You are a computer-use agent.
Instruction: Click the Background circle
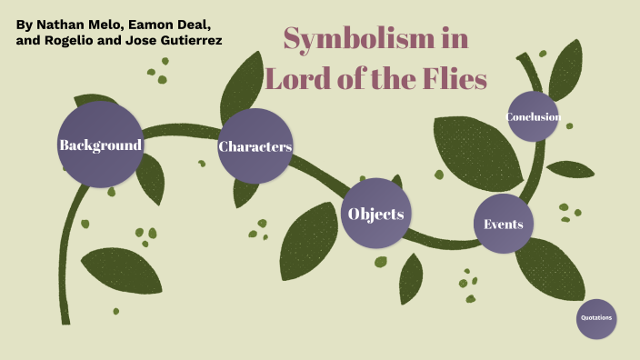coord(100,145)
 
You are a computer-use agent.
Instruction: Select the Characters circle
coord(255,146)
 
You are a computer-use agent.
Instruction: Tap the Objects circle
coord(375,215)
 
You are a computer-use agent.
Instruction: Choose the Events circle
coord(503,224)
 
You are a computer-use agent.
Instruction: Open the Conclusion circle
coord(533,116)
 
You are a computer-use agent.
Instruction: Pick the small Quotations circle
coord(596,318)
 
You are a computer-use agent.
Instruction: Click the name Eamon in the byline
coord(165,22)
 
